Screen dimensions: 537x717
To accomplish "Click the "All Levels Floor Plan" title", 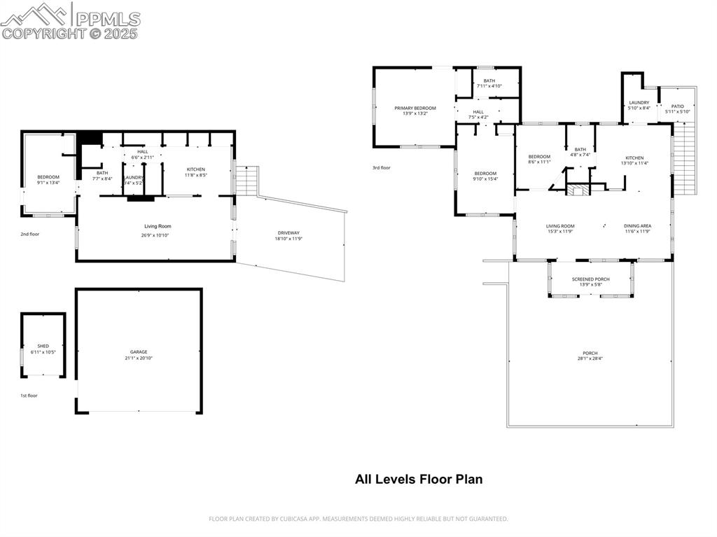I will point(419,480).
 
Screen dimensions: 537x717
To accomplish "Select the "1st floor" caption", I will point(29,396).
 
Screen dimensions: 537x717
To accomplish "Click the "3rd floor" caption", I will point(382,167).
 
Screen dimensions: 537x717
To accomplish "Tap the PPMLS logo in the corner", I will point(70,21).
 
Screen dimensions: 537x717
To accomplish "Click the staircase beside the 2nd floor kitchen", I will point(247,181).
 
